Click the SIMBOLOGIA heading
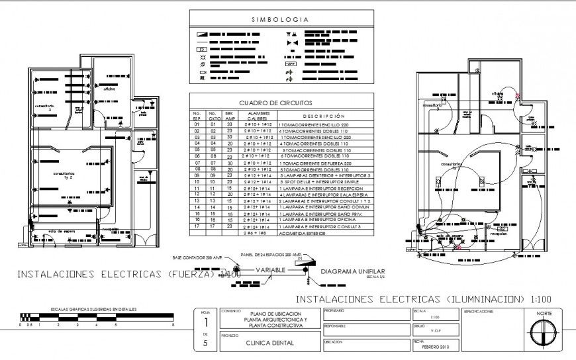pyautogui.click(x=280, y=20)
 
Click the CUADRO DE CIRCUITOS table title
pyautogui.click(x=275, y=103)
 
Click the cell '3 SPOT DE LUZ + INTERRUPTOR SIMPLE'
pyautogui.click(x=320, y=182)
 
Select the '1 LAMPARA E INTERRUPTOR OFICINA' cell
pyautogui.click(x=316, y=220)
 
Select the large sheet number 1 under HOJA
pyautogui.click(x=205, y=324)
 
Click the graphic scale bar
pyautogui.click(x=97, y=317)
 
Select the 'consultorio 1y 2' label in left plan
pyautogui.click(x=64, y=176)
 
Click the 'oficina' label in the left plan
pyautogui.click(x=109, y=88)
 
